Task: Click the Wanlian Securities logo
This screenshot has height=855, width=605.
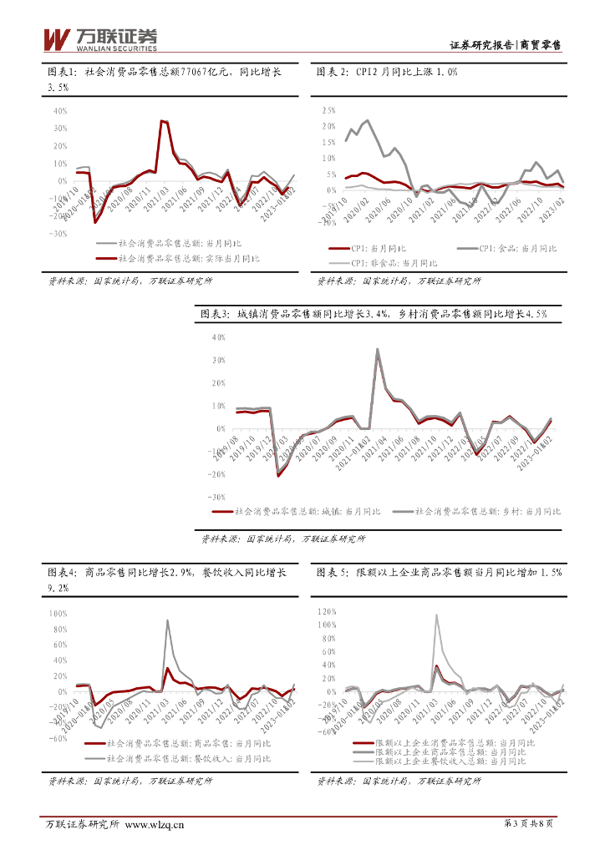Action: coord(99,38)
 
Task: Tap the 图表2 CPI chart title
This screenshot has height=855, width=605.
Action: coord(387,73)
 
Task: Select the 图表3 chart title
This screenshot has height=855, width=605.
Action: coord(374,314)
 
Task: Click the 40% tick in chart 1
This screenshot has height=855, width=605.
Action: coord(59,110)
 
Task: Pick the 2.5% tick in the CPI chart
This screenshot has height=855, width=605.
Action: coord(328,110)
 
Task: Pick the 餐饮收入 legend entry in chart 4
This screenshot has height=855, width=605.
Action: coord(188,758)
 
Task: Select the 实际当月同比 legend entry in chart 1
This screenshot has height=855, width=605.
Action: coord(188,258)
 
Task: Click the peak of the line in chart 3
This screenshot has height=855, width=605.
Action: coord(377,349)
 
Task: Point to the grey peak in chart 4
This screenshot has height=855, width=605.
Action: coord(167,620)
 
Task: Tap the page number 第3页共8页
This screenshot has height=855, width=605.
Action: coord(529,824)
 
